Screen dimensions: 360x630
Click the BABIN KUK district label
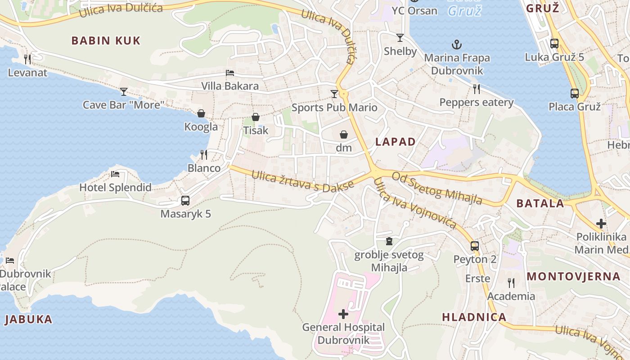point(106,40)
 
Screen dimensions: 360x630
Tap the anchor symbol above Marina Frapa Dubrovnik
point(457,45)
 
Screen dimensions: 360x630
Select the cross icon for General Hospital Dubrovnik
point(343,314)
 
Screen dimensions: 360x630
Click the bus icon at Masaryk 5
point(185,201)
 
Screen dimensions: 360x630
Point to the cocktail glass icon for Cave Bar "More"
point(124,92)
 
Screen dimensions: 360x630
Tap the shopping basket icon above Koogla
point(201,113)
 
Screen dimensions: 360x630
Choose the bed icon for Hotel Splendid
point(115,174)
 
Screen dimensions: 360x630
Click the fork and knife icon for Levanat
point(27,59)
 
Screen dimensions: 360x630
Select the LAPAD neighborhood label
point(396,142)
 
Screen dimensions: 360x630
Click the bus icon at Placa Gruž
point(575,94)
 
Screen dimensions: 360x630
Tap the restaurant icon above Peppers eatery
point(477,89)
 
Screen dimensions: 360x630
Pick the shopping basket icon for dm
point(344,135)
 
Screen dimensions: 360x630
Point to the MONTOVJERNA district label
point(574,276)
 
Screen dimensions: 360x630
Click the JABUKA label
point(28,319)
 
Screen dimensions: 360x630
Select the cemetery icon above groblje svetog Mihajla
point(389,242)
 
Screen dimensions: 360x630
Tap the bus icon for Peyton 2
point(475,246)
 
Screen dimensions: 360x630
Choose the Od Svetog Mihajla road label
point(436,188)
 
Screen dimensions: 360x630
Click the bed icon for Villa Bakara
point(230,73)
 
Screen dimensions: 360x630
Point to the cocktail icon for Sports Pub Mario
point(334,94)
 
